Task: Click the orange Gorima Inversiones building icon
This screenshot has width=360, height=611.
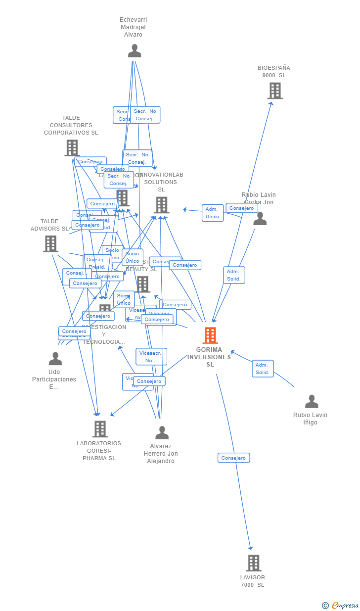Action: [210, 335]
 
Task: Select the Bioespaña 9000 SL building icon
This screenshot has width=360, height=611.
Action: [275, 91]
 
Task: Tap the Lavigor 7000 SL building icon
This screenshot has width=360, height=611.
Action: [253, 563]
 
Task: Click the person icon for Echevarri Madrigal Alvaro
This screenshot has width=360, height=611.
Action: [134, 51]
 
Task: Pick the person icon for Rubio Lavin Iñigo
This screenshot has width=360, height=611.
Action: [312, 401]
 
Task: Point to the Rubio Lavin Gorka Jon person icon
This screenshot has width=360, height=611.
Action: [260, 219]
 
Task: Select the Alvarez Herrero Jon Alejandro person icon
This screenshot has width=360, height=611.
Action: [162, 433]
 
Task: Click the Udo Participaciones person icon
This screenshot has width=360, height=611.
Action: [55, 358]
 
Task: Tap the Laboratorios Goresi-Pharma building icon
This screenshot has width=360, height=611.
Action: [100, 429]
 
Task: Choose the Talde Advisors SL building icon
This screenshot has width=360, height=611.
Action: [50, 243]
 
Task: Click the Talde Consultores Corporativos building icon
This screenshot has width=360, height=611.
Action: [72, 147]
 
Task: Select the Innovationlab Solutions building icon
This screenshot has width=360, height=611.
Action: [161, 205]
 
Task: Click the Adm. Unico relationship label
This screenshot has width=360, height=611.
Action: [213, 213]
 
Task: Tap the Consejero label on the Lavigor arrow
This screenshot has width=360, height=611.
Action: [233, 458]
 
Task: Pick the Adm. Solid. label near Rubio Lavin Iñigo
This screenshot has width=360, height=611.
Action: [263, 369]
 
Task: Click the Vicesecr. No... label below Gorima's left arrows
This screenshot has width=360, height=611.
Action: [151, 356]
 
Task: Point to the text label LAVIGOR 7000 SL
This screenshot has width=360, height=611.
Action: [253, 581]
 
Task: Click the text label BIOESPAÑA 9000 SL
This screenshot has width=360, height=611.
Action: [274, 72]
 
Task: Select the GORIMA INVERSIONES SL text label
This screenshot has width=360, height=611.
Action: [210, 357]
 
